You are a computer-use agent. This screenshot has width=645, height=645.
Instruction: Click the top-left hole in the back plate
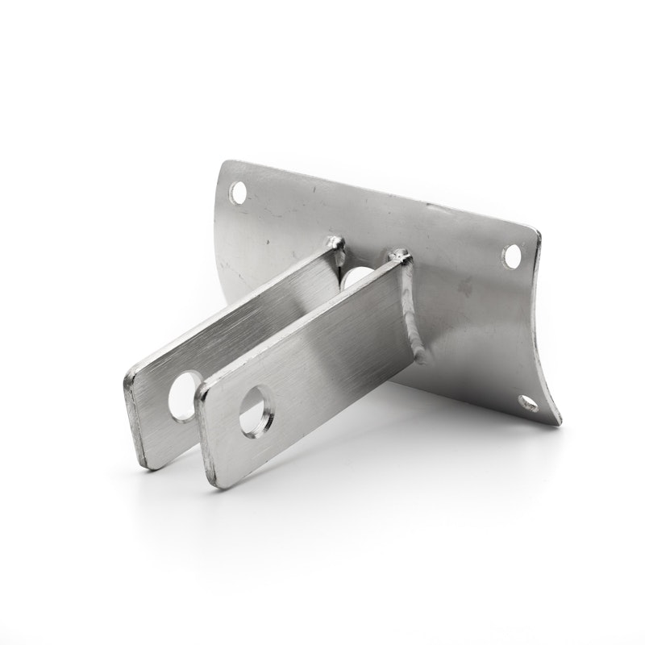point(238,192)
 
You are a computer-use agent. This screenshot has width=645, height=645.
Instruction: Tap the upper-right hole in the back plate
point(511,256)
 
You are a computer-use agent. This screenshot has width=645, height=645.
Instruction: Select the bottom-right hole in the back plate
point(528,403)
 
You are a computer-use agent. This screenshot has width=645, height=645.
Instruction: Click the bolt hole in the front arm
point(256,420)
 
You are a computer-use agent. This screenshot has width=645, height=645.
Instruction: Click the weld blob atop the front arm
point(401,256)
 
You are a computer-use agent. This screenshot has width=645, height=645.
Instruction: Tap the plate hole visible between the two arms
point(355,279)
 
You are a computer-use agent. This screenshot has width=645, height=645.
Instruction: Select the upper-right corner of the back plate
point(535,231)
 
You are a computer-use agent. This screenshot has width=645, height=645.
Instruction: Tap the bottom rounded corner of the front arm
point(217,484)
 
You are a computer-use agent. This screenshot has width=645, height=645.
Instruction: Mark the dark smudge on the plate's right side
point(465,285)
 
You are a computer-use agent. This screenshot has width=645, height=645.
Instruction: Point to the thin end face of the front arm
point(206,435)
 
